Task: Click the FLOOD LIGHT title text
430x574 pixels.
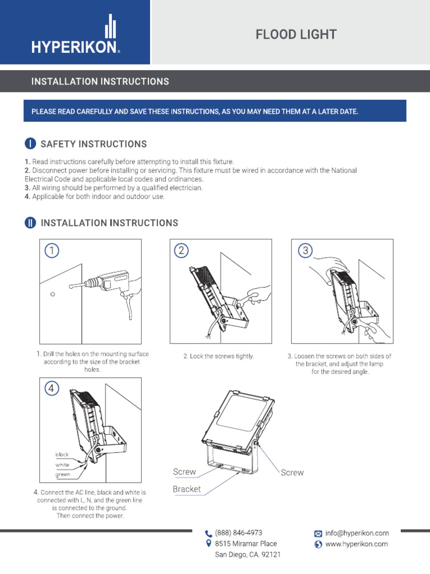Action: click(296, 35)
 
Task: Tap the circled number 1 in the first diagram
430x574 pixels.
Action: click(52, 251)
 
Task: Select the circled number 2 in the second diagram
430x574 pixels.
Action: click(181, 251)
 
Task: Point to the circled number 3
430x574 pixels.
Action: click(305, 251)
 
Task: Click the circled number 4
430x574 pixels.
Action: click(52, 388)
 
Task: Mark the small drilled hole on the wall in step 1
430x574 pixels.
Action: click(52, 294)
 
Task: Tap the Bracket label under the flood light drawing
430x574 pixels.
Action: click(186, 489)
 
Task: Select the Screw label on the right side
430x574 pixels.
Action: click(292, 473)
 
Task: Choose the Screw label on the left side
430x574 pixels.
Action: click(184, 472)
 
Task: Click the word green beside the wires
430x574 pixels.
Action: click(62, 475)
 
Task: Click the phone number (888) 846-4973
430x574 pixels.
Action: click(239, 533)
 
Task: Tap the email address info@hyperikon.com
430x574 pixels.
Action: click(357, 533)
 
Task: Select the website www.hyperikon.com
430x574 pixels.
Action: click(356, 544)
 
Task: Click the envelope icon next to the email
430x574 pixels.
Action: click(318, 534)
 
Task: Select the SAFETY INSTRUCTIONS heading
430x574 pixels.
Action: click(94, 144)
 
